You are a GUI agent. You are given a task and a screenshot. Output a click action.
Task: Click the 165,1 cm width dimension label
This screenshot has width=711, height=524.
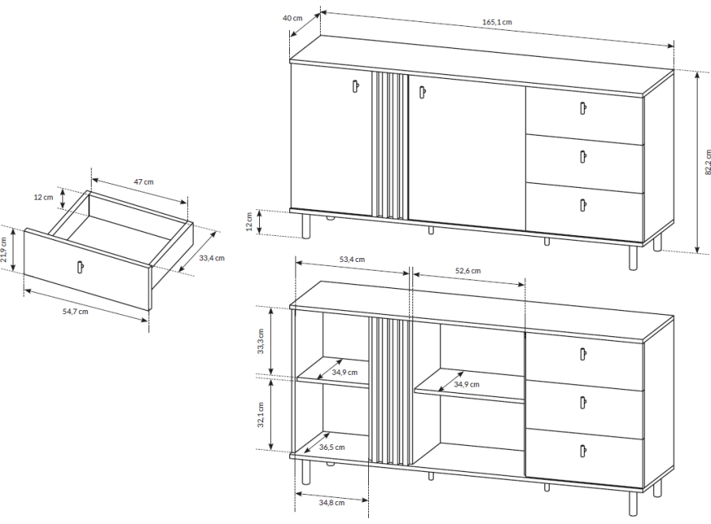coord(497,22)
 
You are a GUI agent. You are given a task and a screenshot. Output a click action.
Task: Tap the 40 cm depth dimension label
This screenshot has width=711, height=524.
coord(292,18)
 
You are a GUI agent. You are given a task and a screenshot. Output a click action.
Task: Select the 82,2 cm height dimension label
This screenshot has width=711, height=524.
coord(707,162)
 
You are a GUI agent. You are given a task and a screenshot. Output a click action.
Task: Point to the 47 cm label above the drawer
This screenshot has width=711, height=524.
coord(143,182)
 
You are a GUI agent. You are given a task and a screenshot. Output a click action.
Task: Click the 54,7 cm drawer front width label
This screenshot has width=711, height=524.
coord(75,312)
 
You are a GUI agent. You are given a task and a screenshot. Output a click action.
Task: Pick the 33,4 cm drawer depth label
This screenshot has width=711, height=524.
coord(212,258)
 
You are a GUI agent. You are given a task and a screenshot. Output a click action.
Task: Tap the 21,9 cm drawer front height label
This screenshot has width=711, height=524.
coord(4,249)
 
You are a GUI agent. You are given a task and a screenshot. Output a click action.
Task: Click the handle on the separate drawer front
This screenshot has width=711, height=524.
coord(81,267)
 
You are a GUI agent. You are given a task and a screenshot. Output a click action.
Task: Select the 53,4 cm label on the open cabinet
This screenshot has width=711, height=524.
coord(352,260)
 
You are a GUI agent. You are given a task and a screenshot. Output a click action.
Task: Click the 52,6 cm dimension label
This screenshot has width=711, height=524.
coord(468,271)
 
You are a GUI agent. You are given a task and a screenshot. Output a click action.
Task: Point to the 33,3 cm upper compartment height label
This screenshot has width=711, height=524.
coord(260,341)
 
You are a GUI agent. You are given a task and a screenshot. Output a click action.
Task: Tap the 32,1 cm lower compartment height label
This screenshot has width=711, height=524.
coord(260,415)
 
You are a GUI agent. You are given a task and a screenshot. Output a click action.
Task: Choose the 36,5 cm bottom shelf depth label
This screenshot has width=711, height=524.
coord(332,447)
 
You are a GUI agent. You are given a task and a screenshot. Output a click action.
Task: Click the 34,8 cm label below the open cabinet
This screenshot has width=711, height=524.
coord(332,502)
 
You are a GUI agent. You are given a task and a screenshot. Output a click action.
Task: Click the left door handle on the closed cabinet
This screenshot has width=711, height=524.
coord(355,86)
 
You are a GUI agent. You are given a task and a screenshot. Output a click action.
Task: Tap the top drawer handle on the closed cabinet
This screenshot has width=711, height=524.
coord(583,108)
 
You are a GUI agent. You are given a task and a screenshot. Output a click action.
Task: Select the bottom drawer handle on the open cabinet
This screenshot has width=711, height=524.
coord(583,451)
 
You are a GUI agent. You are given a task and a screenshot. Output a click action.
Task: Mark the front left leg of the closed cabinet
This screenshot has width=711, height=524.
coord(307,226)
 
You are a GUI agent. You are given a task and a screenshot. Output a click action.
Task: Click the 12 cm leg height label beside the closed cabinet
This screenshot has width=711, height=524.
coord(249,222)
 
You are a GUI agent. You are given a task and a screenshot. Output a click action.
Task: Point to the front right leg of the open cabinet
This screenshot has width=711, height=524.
coord(634,503)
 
